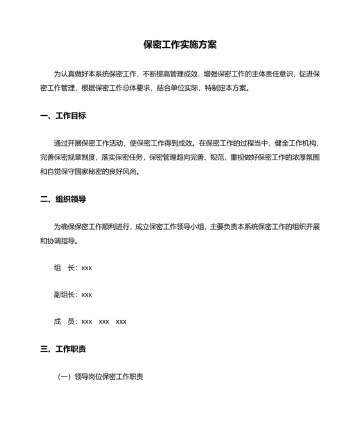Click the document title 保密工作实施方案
click(x=180, y=45)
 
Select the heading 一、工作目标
click(x=62, y=116)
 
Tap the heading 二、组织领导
click(x=62, y=199)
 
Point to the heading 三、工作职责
click(x=62, y=349)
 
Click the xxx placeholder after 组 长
click(x=87, y=267)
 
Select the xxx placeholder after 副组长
click(x=87, y=294)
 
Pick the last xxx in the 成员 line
click(x=121, y=321)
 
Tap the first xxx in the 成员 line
click(x=87, y=321)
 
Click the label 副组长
click(x=65, y=294)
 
